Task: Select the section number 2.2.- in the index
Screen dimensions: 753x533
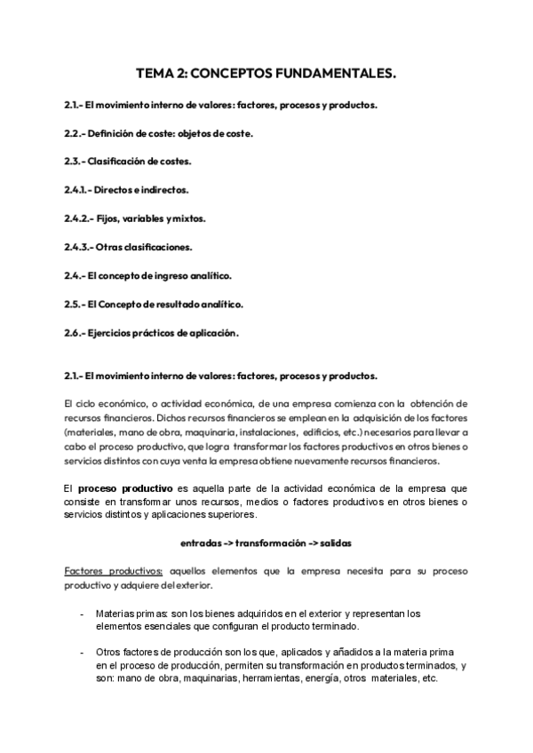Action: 77,133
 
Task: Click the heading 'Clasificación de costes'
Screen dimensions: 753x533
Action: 139,162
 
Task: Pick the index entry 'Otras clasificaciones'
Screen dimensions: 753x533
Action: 141,247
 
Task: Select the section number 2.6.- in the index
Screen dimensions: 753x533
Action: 77,332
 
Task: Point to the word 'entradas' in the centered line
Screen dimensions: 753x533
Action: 200,540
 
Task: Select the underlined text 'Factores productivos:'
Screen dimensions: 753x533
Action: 113,571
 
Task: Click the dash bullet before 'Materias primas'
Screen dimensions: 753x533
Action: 83,614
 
